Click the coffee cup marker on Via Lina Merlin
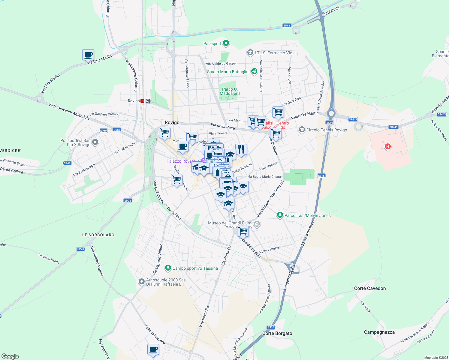tap(88, 55)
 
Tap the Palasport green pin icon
tap(226, 43)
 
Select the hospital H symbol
tap(388, 146)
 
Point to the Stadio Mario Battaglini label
tap(228, 72)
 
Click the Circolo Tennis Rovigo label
tap(327, 130)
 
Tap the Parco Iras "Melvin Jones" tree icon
tap(280, 215)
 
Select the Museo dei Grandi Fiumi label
tap(230, 223)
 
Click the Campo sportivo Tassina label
tap(195, 268)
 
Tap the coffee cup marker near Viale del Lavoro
tap(153, 349)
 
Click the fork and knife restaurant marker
tap(241, 149)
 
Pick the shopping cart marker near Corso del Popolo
tap(243, 231)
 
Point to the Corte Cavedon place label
tap(370, 288)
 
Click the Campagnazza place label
tap(379, 332)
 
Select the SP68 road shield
tap(287, 26)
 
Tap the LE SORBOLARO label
tap(98, 235)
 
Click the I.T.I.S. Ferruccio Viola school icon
tap(250, 53)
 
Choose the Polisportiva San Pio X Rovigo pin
tap(95, 142)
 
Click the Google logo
tap(10, 356)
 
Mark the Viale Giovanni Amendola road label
tap(69, 111)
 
